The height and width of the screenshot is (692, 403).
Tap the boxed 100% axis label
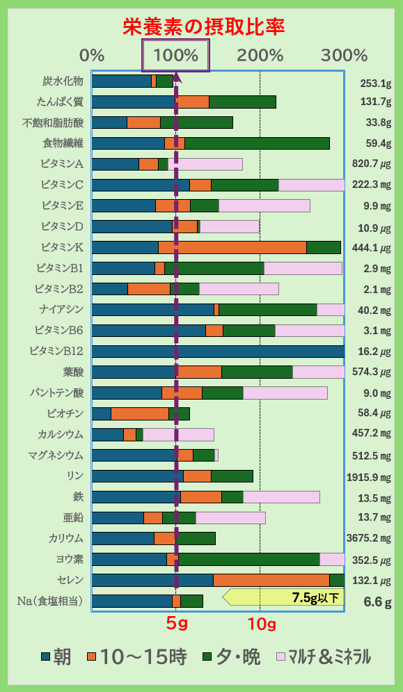(x=175, y=55)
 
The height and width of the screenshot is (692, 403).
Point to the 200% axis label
(x=260, y=55)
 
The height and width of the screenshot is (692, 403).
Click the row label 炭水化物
(x=63, y=81)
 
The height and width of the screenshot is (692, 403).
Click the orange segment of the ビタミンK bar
(x=232, y=248)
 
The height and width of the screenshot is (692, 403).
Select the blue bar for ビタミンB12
(x=218, y=352)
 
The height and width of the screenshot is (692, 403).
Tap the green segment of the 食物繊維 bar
(x=257, y=143)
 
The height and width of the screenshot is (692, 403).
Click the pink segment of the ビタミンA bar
(x=205, y=164)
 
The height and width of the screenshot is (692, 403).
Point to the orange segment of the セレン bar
(x=271, y=581)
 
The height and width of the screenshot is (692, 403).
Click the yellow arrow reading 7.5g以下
(x=285, y=597)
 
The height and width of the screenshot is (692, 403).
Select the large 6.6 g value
(x=377, y=602)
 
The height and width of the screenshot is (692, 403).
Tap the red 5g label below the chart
(x=177, y=624)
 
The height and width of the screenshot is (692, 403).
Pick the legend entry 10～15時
(x=136, y=656)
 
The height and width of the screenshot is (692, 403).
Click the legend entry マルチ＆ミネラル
(x=324, y=656)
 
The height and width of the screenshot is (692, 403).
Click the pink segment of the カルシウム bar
(x=178, y=435)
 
